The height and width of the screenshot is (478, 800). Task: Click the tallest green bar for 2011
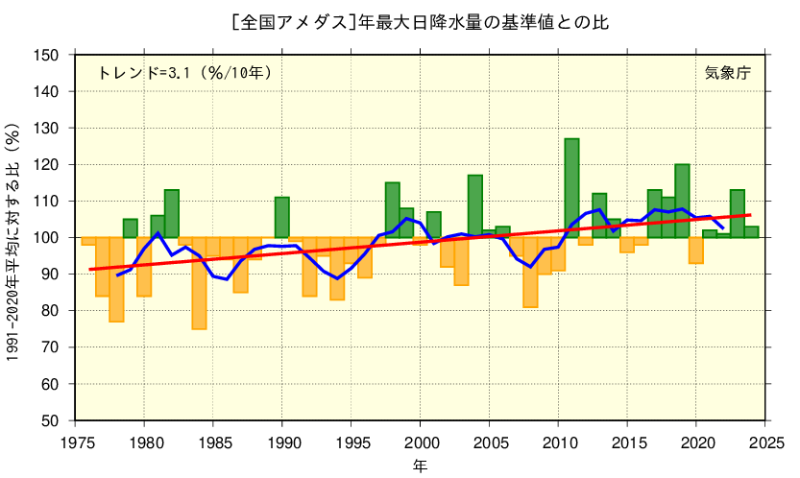tap(571, 188)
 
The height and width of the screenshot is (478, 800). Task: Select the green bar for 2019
tap(682, 201)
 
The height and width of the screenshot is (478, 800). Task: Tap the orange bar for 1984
tap(199, 283)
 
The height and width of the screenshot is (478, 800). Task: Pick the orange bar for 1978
tap(116, 279)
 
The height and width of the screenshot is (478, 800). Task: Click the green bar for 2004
tap(474, 206)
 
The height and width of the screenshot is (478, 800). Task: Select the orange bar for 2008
tap(530, 273)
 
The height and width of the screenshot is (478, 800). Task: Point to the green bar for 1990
tap(281, 217)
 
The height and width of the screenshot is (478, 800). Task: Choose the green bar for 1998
tap(392, 209)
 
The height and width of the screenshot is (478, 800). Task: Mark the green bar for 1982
tap(171, 213)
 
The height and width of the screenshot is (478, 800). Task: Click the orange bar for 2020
tap(695, 250)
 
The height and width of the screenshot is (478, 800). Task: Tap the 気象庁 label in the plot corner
tap(727, 73)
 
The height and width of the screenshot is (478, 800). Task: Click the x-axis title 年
tap(421, 466)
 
